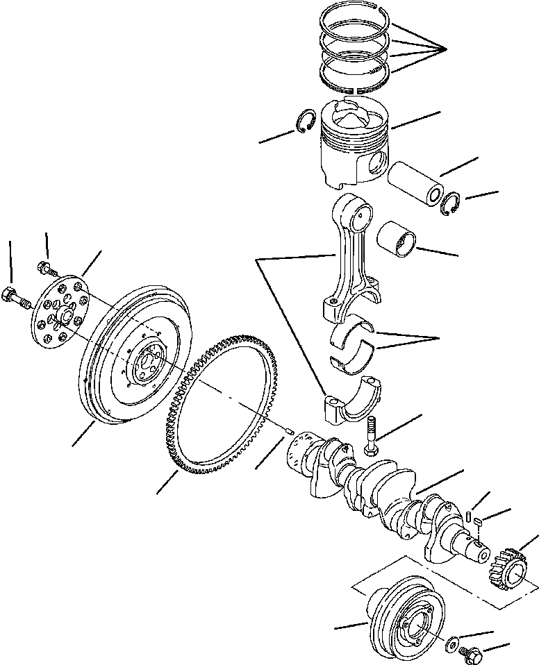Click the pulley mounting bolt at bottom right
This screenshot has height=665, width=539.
click(471, 652)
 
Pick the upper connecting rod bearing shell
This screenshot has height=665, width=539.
click(353, 332)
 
